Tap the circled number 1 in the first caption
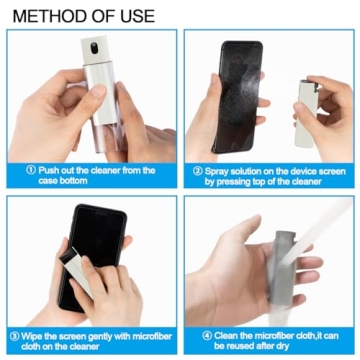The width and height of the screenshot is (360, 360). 32,171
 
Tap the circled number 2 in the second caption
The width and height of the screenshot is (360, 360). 197,171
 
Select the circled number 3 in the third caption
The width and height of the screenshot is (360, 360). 14,335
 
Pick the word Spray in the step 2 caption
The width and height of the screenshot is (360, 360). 219,171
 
